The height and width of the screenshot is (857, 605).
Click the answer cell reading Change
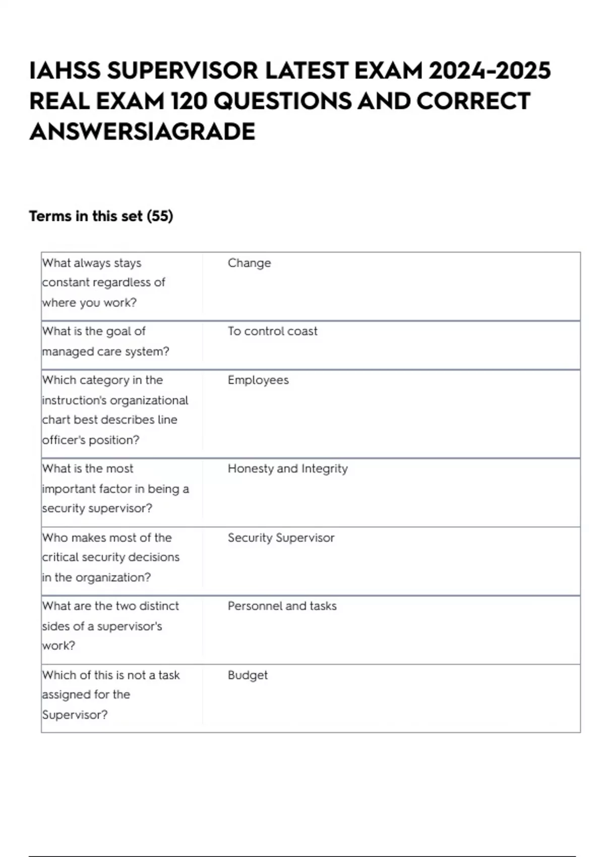coord(249,263)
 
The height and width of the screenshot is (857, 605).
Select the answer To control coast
coord(272,331)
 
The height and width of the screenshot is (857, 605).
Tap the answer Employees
coord(258,380)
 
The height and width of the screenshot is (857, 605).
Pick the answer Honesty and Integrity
coord(287,469)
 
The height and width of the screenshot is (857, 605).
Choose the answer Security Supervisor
coord(281,538)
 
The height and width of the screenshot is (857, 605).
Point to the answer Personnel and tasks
coord(282,606)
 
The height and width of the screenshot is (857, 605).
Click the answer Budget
coord(248,675)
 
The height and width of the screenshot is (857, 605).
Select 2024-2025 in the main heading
coord(490,71)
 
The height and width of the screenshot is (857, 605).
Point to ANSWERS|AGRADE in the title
coord(142,132)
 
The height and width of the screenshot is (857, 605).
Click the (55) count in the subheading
coord(160,216)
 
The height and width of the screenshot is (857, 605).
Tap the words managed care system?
coord(105,351)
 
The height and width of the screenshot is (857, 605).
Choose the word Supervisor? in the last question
coord(75,715)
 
